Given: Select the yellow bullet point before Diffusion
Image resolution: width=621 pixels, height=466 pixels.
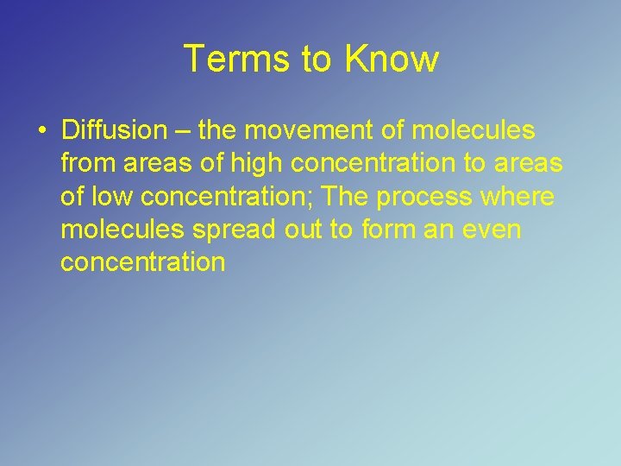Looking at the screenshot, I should (x=41, y=132).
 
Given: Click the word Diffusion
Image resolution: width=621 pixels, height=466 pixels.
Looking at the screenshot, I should (x=114, y=131).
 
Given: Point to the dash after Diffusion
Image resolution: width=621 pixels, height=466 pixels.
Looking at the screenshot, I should (x=182, y=132).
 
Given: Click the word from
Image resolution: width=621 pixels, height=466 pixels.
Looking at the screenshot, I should (x=86, y=164).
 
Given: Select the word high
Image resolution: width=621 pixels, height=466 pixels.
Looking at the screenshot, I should (x=254, y=164).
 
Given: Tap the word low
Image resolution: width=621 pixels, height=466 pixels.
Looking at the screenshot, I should (x=111, y=197).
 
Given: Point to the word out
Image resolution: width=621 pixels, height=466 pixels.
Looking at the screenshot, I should (x=309, y=230).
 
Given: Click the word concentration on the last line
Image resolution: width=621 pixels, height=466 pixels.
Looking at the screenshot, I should (x=142, y=262).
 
